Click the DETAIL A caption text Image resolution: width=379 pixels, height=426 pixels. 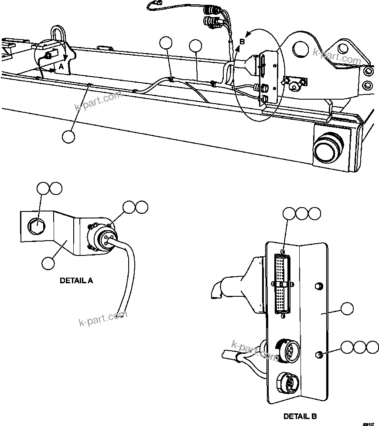[x=76, y=281]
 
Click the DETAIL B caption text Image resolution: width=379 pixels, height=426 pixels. [x=300, y=416]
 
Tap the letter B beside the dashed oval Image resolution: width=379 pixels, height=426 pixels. [x=242, y=41]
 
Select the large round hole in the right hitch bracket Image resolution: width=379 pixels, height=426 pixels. [x=301, y=48]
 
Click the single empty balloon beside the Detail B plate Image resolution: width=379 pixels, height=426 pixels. [x=347, y=309]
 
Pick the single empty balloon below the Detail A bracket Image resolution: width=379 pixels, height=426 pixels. [x=48, y=262]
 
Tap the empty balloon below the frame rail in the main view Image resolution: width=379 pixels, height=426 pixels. [x=68, y=136]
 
